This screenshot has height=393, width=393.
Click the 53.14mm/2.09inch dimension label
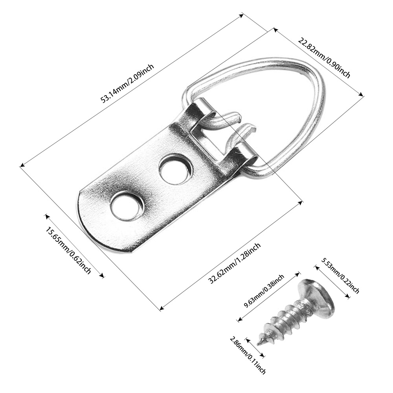coord(127,83)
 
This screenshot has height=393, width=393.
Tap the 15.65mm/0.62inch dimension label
coord(68,250)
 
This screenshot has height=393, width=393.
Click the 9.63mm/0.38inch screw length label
coord(264,291)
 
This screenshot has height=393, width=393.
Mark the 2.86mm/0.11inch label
coord(248,355)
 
